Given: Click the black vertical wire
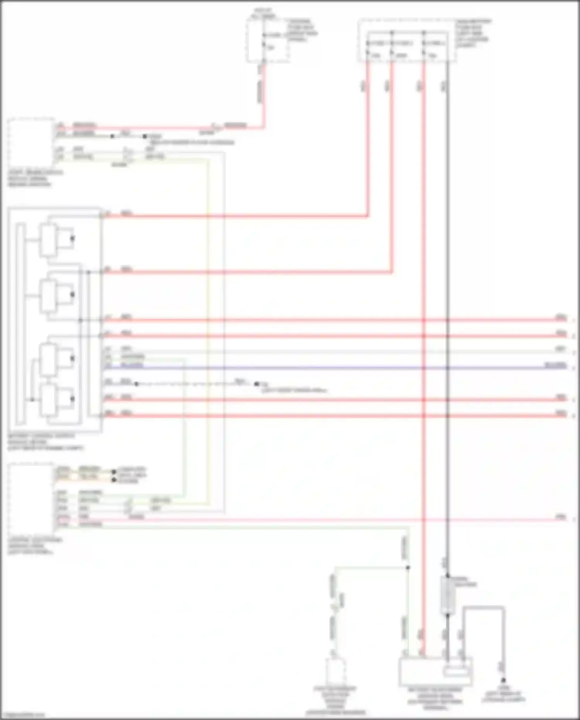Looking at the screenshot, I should pyautogui.click(x=448, y=271).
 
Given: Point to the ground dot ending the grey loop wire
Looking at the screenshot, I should pyautogui.click(x=503, y=680).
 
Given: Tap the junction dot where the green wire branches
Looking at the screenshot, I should pyautogui.click(x=408, y=568).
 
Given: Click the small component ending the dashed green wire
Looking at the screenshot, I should pyautogui.click(x=335, y=671).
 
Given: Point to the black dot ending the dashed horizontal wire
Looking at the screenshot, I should pyautogui.click(x=256, y=384).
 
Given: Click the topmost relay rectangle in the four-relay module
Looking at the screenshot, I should pyautogui.click(x=48, y=240).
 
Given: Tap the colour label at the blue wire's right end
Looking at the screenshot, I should pyautogui.click(x=555, y=365).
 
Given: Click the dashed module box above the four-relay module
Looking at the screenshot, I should pyautogui.click(x=31, y=143).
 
